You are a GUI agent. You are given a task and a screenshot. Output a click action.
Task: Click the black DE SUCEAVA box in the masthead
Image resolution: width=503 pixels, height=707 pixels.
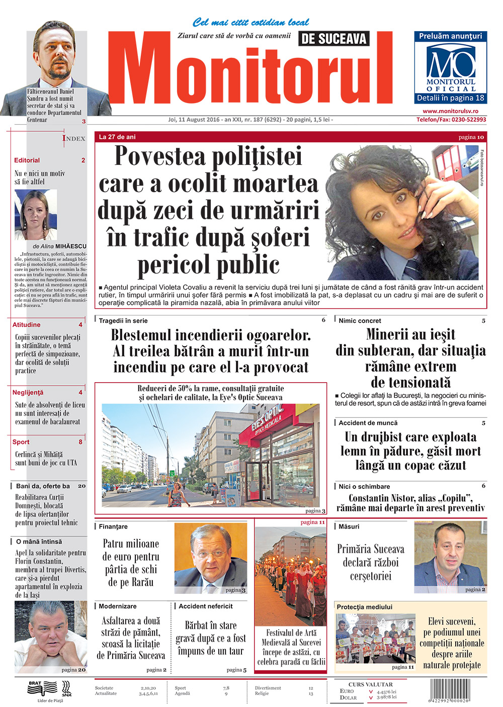coord(333,39)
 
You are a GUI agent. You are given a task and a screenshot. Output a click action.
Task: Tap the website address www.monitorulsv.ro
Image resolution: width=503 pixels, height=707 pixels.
coord(450,111)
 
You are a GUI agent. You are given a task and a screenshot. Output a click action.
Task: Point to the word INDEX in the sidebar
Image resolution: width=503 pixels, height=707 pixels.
coord(74,138)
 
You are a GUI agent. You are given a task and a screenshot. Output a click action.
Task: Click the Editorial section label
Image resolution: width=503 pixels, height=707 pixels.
coord(27,160)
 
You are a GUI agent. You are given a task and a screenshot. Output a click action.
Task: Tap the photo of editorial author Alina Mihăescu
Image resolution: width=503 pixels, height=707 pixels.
coord(35,215)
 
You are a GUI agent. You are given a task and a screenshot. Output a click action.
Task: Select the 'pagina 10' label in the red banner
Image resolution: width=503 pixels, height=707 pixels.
coord(471,137)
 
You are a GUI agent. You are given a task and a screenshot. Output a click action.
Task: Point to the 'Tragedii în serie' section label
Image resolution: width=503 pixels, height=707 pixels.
coord(123,321)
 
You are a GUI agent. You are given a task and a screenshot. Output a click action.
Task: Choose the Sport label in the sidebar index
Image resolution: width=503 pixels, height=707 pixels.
coord(21,442)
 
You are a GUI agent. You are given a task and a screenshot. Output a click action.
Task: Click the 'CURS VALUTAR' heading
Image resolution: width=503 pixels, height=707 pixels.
coord(370,684)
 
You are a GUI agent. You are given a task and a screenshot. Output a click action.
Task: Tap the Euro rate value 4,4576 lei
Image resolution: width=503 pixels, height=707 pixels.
coord(386,691)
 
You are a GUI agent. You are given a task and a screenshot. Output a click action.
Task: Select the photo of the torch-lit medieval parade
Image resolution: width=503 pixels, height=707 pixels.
coord(291,578)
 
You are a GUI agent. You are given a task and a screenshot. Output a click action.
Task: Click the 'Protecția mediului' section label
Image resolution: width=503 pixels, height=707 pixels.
coord(365,607)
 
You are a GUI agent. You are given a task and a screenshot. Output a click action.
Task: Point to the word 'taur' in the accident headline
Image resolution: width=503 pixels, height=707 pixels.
coord(236,651)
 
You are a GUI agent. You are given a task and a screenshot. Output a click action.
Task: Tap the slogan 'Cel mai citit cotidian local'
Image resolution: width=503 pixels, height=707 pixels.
coord(250,23)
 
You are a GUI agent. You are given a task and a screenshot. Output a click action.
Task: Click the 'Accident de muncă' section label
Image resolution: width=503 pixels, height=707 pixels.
coord(368,423)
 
